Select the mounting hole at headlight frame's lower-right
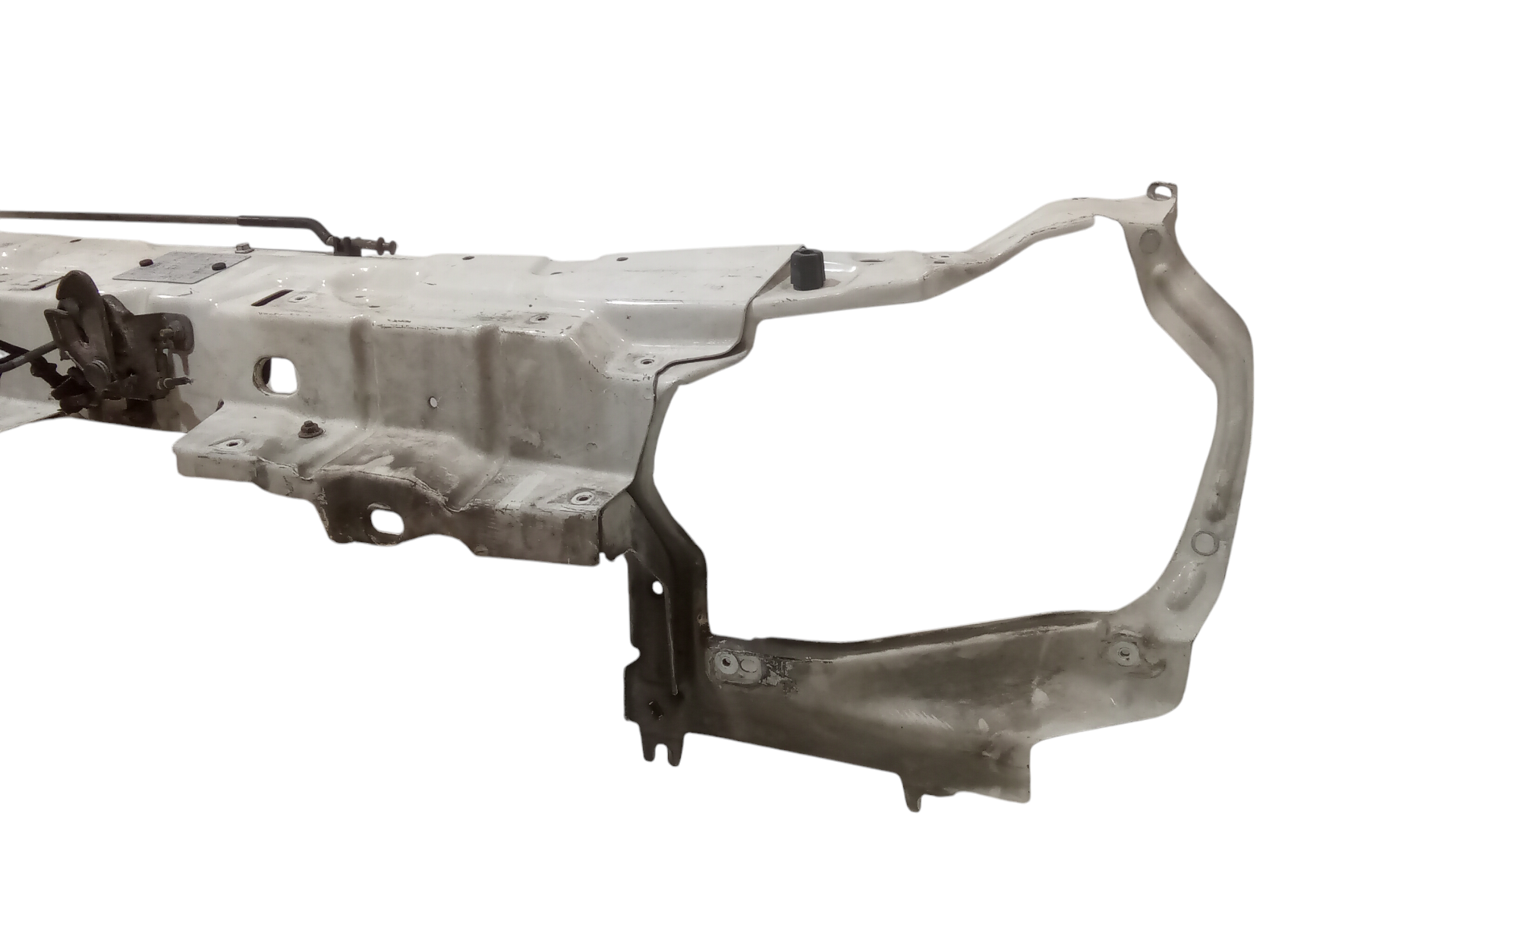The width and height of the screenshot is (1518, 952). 1121,651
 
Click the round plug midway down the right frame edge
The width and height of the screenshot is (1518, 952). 1204,541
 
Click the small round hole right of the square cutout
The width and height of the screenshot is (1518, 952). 432,405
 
